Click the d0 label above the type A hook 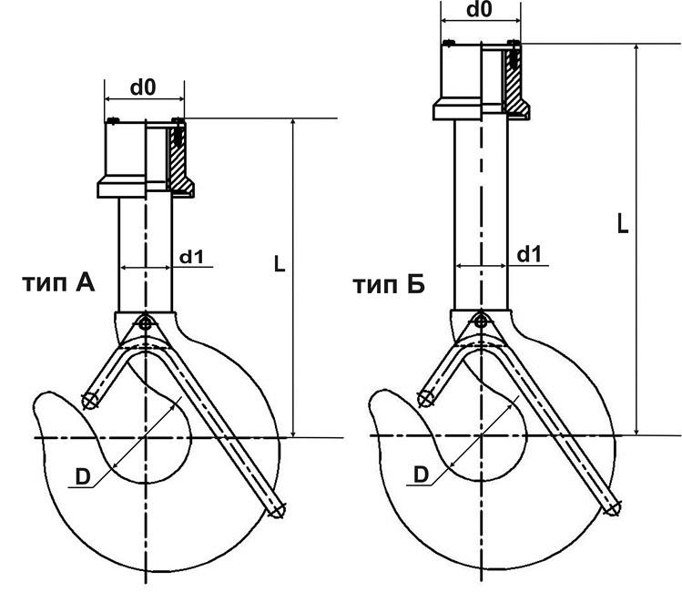point(143,87)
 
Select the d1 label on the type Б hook point(529,254)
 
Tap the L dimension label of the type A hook point(280,264)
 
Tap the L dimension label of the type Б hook point(623,223)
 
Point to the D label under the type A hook point(82,476)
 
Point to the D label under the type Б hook point(421,475)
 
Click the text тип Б point(389,286)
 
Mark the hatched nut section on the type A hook point(180,164)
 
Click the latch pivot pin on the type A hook point(145,322)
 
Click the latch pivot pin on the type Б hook point(481,320)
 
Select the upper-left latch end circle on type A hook point(89,401)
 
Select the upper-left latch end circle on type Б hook point(424,398)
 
